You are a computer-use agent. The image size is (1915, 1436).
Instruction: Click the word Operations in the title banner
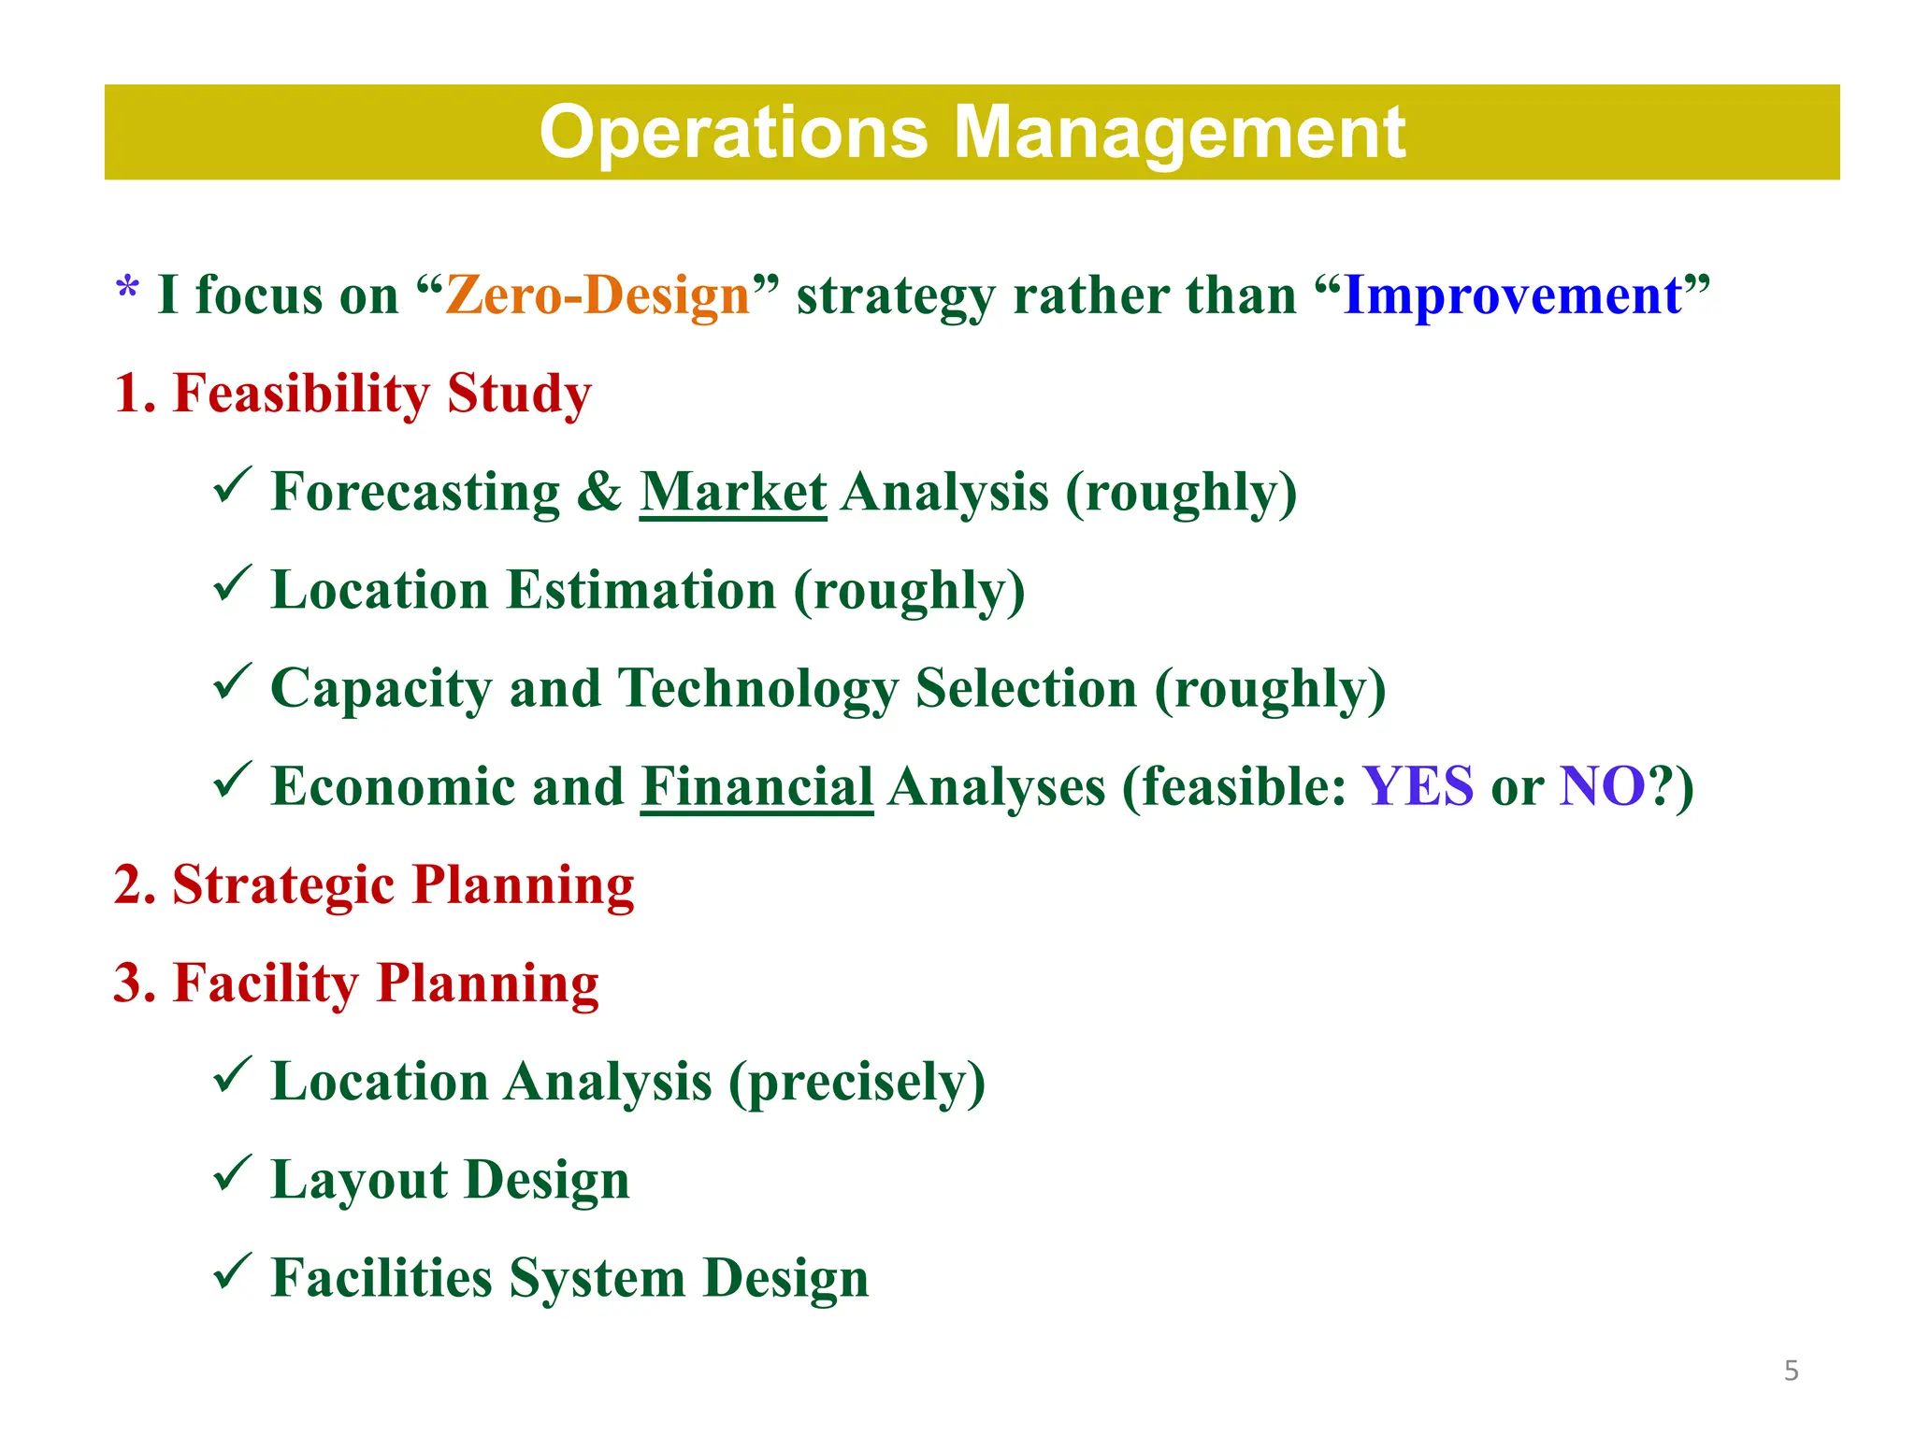pyautogui.click(x=733, y=134)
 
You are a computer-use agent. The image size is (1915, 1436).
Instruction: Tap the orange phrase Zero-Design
pyautogui.click(x=598, y=295)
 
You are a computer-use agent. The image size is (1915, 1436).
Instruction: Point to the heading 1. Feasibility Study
pyautogui.click(x=353, y=393)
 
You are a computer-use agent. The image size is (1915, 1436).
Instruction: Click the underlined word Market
pyautogui.click(x=733, y=492)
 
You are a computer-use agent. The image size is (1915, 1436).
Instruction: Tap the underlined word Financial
pyautogui.click(x=756, y=786)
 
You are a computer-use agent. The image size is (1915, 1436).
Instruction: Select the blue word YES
pyautogui.click(x=1418, y=786)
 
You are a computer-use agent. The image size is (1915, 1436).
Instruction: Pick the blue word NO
pyautogui.click(x=1602, y=786)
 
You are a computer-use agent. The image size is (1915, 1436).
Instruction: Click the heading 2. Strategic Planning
pyautogui.click(x=374, y=884)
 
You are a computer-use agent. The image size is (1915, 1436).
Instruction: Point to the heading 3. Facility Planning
pyautogui.click(x=356, y=984)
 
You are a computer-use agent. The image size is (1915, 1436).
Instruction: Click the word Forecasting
pyautogui.click(x=415, y=492)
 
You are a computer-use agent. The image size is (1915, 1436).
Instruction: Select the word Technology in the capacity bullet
pyautogui.click(x=757, y=689)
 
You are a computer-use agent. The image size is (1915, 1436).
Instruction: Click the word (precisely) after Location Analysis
pyautogui.click(x=857, y=1083)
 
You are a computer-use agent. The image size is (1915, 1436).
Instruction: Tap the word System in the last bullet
pyautogui.click(x=597, y=1278)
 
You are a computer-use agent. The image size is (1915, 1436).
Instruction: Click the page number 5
pyautogui.click(x=1791, y=1371)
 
